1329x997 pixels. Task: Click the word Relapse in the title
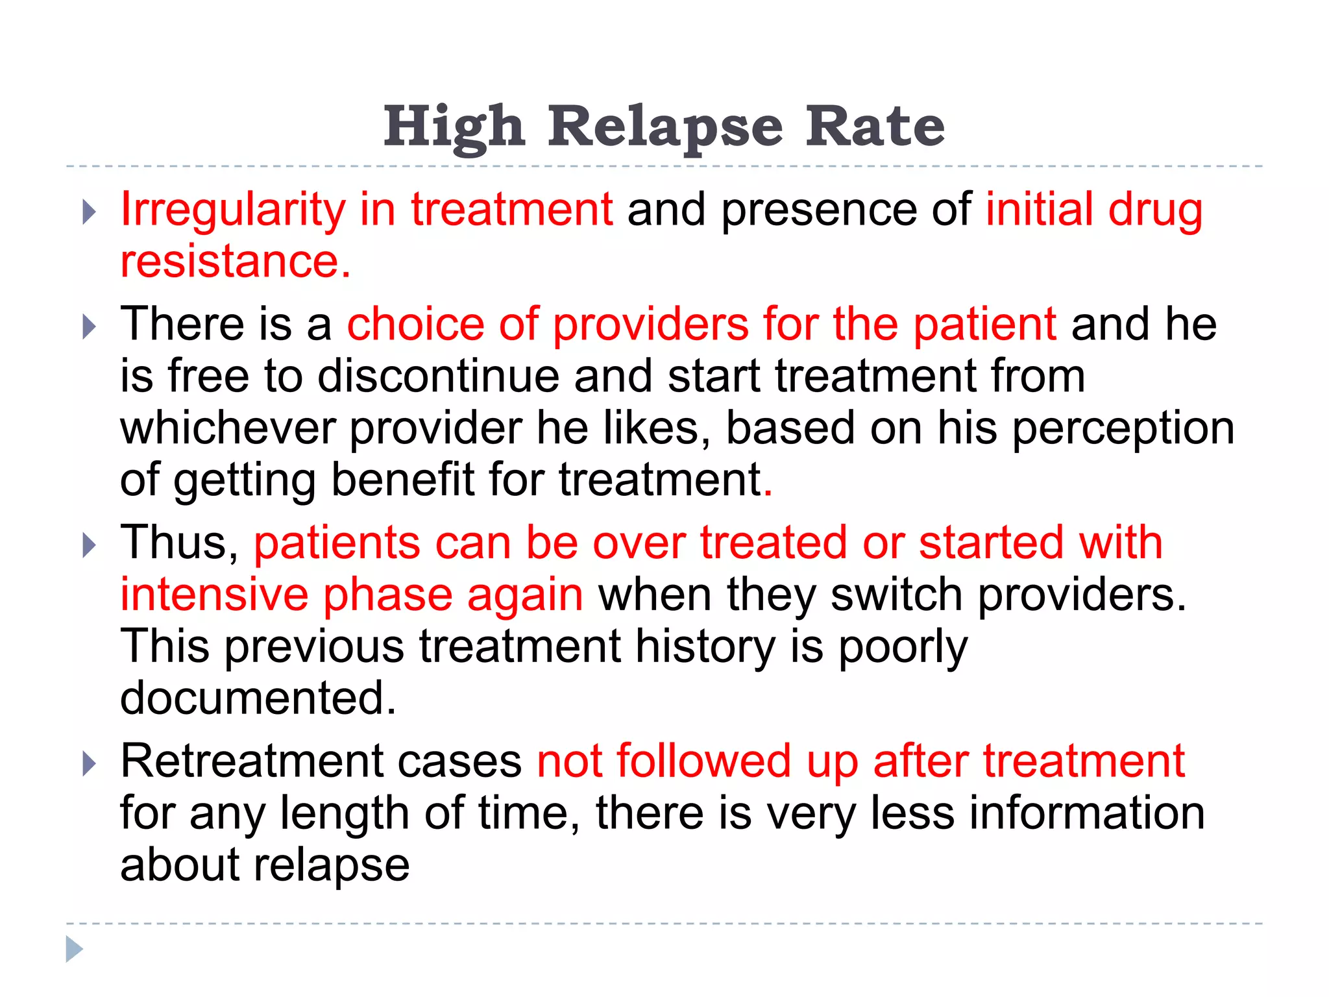pos(665,127)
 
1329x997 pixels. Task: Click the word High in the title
pos(454,127)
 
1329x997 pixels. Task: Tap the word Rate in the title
pos(875,127)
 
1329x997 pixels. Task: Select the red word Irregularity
pos(233,210)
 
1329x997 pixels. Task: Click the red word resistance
pos(235,262)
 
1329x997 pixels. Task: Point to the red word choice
pos(415,324)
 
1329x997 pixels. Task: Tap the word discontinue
pos(438,376)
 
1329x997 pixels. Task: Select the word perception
pos(1123,429)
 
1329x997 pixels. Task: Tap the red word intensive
pos(214,595)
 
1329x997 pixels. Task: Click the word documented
pos(258,698)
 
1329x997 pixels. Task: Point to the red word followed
pos(703,761)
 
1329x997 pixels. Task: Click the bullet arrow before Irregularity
pos(90,212)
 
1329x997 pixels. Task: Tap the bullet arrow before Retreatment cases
pos(90,764)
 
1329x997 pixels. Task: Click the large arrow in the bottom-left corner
pos(74,949)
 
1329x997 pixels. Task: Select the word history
pos(705,646)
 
